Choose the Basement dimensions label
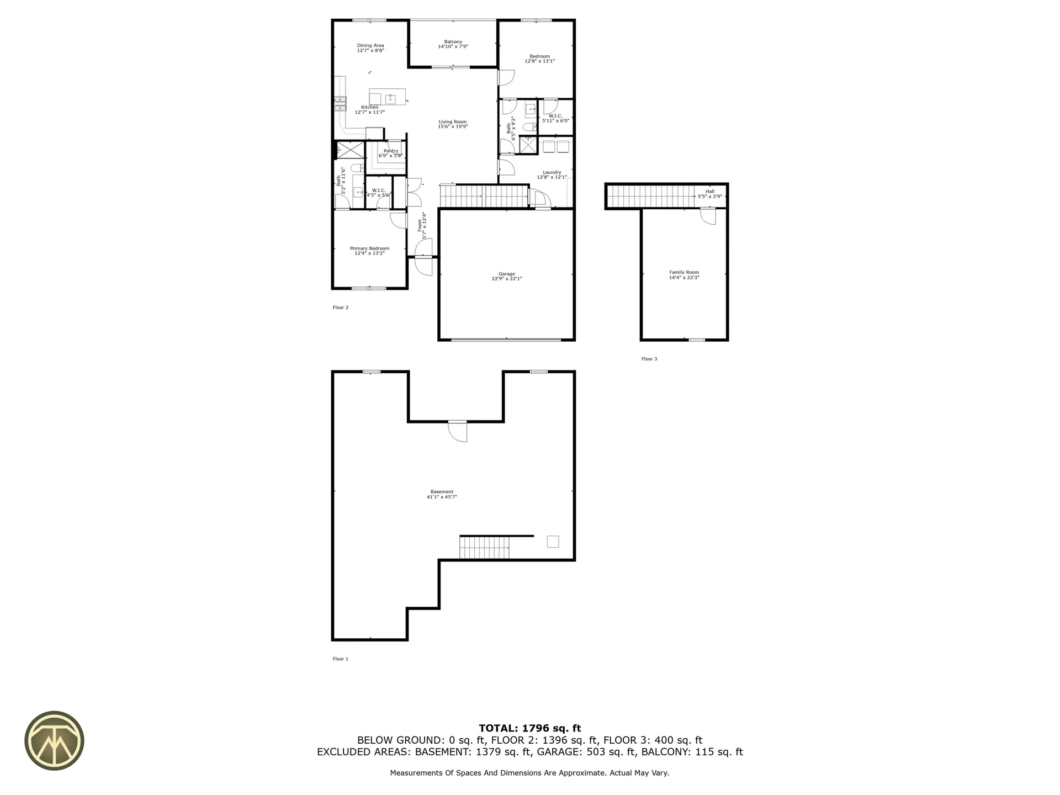click(442, 497)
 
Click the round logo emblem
click(54, 740)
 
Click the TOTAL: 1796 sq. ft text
click(529, 728)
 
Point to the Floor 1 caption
click(340, 659)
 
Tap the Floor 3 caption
click(649, 359)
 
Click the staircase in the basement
click(484, 548)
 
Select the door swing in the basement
click(458, 431)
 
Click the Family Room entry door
click(707, 216)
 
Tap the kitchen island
click(387, 97)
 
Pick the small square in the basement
click(553, 542)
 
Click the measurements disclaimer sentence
click(529, 773)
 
